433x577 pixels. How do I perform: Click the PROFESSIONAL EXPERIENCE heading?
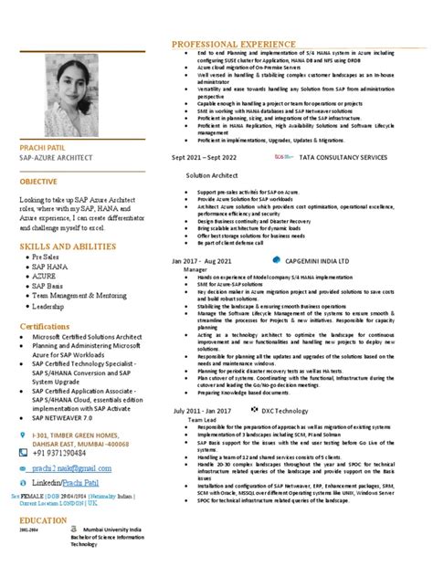point(228,43)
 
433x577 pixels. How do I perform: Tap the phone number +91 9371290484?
point(67,451)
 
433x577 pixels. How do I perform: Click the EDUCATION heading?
point(42,519)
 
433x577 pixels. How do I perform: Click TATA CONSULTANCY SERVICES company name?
point(343,157)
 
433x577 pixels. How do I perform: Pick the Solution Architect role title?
point(212,174)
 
